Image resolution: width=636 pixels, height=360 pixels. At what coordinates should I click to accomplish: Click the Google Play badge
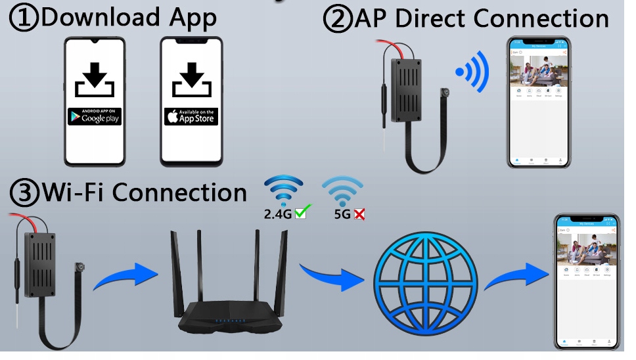[94, 117]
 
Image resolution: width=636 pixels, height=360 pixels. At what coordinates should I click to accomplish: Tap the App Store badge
[191, 117]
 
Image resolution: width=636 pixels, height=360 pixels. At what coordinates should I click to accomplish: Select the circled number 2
[338, 19]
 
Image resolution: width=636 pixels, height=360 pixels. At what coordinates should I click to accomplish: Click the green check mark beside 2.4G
[303, 212]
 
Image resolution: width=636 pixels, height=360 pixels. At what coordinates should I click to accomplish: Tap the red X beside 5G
[359, 213]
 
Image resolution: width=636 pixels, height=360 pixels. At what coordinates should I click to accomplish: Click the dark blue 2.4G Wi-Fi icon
[283, 190]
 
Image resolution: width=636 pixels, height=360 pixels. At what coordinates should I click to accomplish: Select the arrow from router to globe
[331, 277]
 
